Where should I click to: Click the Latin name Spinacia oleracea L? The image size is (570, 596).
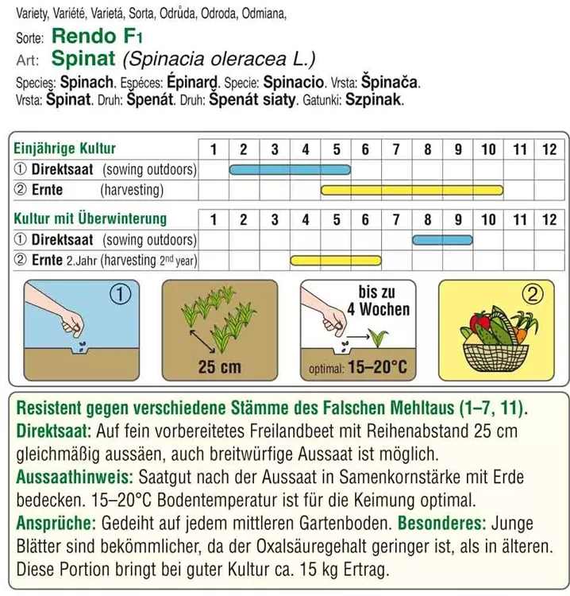pyautogui.click(x=219, y=59)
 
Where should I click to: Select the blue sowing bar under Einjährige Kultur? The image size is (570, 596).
pyautogui.click(x=290, y=169)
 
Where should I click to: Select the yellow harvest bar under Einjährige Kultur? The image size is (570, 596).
pyautogui.click(x=412, y=190)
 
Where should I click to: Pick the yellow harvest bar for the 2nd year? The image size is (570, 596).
pyautogui.click(x=336, y=260)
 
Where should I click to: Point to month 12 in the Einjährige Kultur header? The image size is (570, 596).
pyautogui.click(x=549, y=149)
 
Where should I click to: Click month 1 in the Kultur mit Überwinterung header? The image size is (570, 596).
pyautogui.click(x=214, y=219)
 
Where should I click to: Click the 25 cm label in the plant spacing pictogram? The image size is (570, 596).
pyautogui.click(x=219, y=367)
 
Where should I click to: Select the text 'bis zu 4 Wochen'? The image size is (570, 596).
pyautogui.click(x=383, y=301)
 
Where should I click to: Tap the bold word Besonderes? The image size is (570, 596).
pyautogui.click(x=441, y=524)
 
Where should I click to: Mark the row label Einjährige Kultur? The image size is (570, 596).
pyautogui.click(x=65, y=149)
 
